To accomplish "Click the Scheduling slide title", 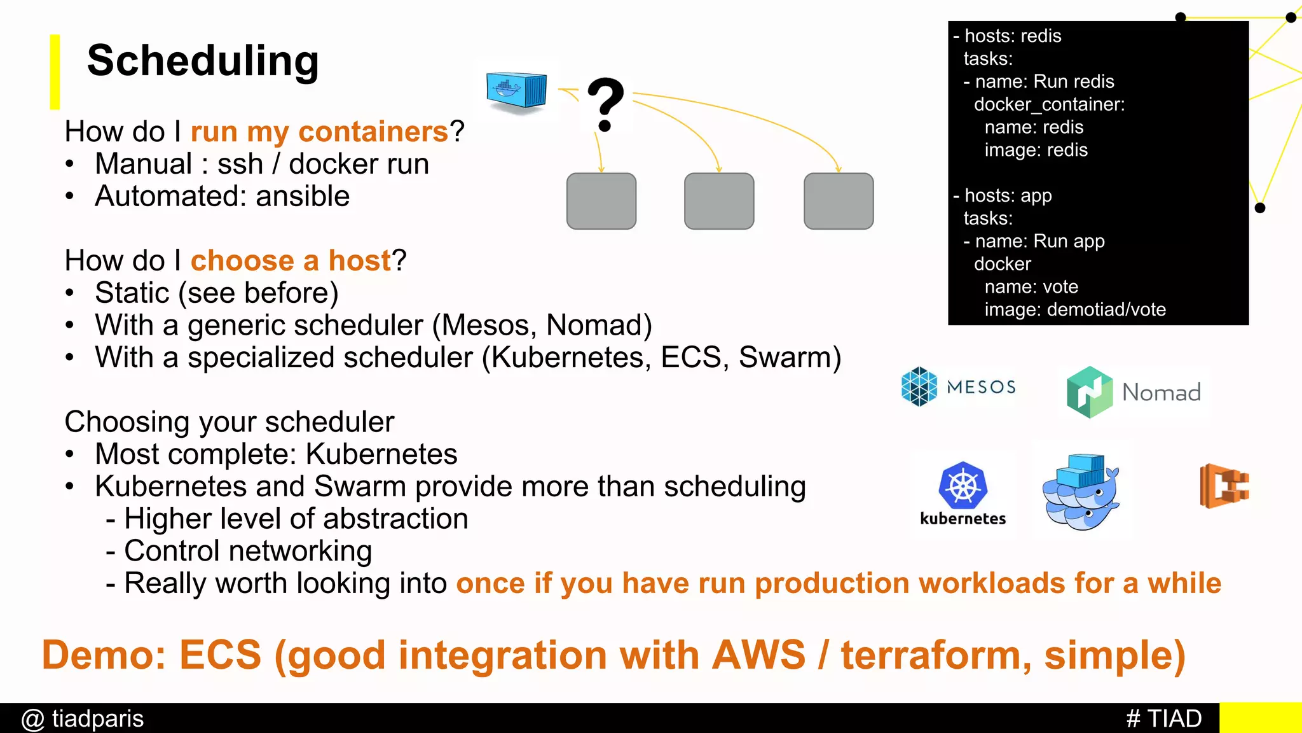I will pos(203,61).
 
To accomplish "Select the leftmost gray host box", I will pos(601,201).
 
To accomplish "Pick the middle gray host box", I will pos(719,201).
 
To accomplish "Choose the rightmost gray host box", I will pos(839,201).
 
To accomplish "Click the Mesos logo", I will pos(958,387).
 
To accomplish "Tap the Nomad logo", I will pos(1134,392).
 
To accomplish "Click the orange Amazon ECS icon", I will pos(1224,486).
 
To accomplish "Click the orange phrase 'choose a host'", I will pos(291,261).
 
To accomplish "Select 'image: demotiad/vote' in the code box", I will pos(1074,310).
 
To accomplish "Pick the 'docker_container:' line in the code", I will pos(1049,104).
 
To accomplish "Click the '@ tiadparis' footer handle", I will pos(83,719).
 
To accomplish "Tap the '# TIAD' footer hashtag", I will pos(1163,719).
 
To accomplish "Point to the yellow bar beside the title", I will pos(55,71).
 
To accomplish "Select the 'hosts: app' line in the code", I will pos(1008,195).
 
